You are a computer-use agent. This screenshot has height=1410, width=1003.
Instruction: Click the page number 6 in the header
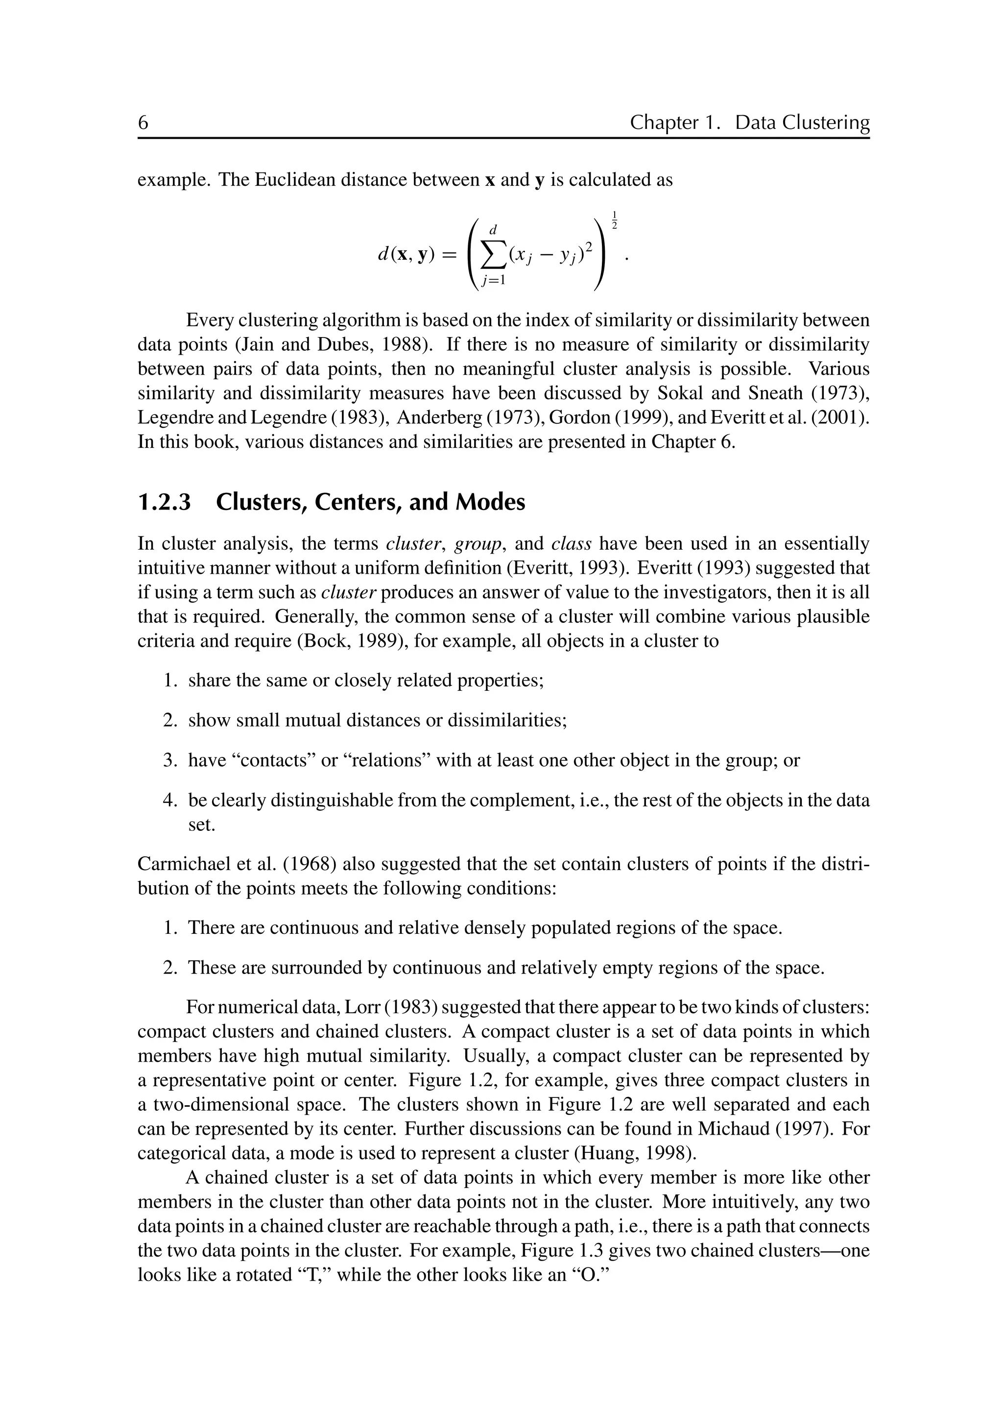coord(143,123)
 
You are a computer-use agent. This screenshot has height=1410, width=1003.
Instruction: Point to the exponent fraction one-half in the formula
coord(615,220)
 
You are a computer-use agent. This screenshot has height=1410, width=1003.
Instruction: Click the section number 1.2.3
coord(164,502)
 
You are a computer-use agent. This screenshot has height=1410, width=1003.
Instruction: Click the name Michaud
coord(733,1129)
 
